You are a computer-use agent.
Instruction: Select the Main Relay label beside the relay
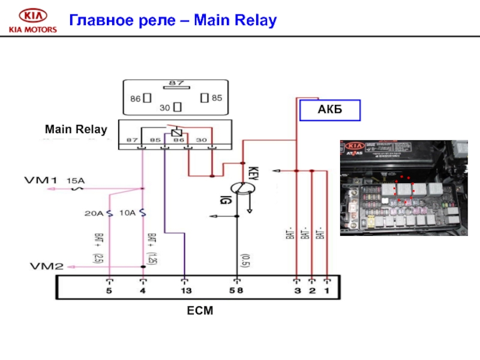(76, 129)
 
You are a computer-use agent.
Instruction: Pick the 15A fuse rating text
(75, 180)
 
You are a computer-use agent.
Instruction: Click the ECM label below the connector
(200, 311)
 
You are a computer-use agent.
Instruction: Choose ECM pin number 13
(185, 291)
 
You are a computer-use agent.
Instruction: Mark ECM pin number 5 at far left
(109, 291)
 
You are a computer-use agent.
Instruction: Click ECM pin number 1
(327, 291)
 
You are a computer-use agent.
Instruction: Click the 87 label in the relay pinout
(176, 82)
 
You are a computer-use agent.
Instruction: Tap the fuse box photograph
(404, 187)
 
